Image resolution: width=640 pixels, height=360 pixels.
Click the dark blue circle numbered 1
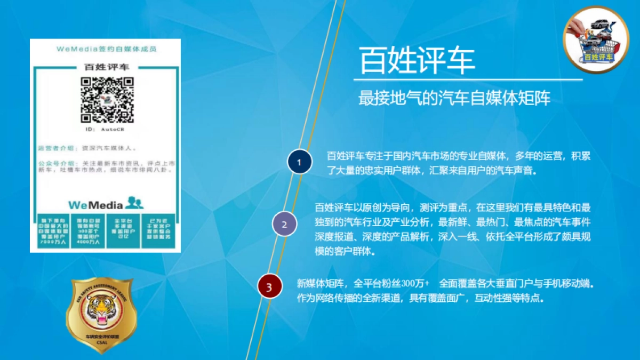click(299, 162)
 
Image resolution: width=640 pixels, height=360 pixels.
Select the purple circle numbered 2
click(284, 224)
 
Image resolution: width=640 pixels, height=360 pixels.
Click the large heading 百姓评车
click(417, 60)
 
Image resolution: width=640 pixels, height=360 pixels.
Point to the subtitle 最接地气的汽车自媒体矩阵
click(454, 98)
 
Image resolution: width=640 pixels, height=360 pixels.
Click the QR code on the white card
click(107, 100)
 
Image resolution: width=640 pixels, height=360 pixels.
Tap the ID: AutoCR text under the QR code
click(105, 130)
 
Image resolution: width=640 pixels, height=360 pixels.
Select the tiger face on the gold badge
click(101, 311)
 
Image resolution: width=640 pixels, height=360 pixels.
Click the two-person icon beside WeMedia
click(135, 203)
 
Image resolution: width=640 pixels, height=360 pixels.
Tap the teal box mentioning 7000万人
click(52, 231)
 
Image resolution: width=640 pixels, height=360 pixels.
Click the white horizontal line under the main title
click(468, 80)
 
